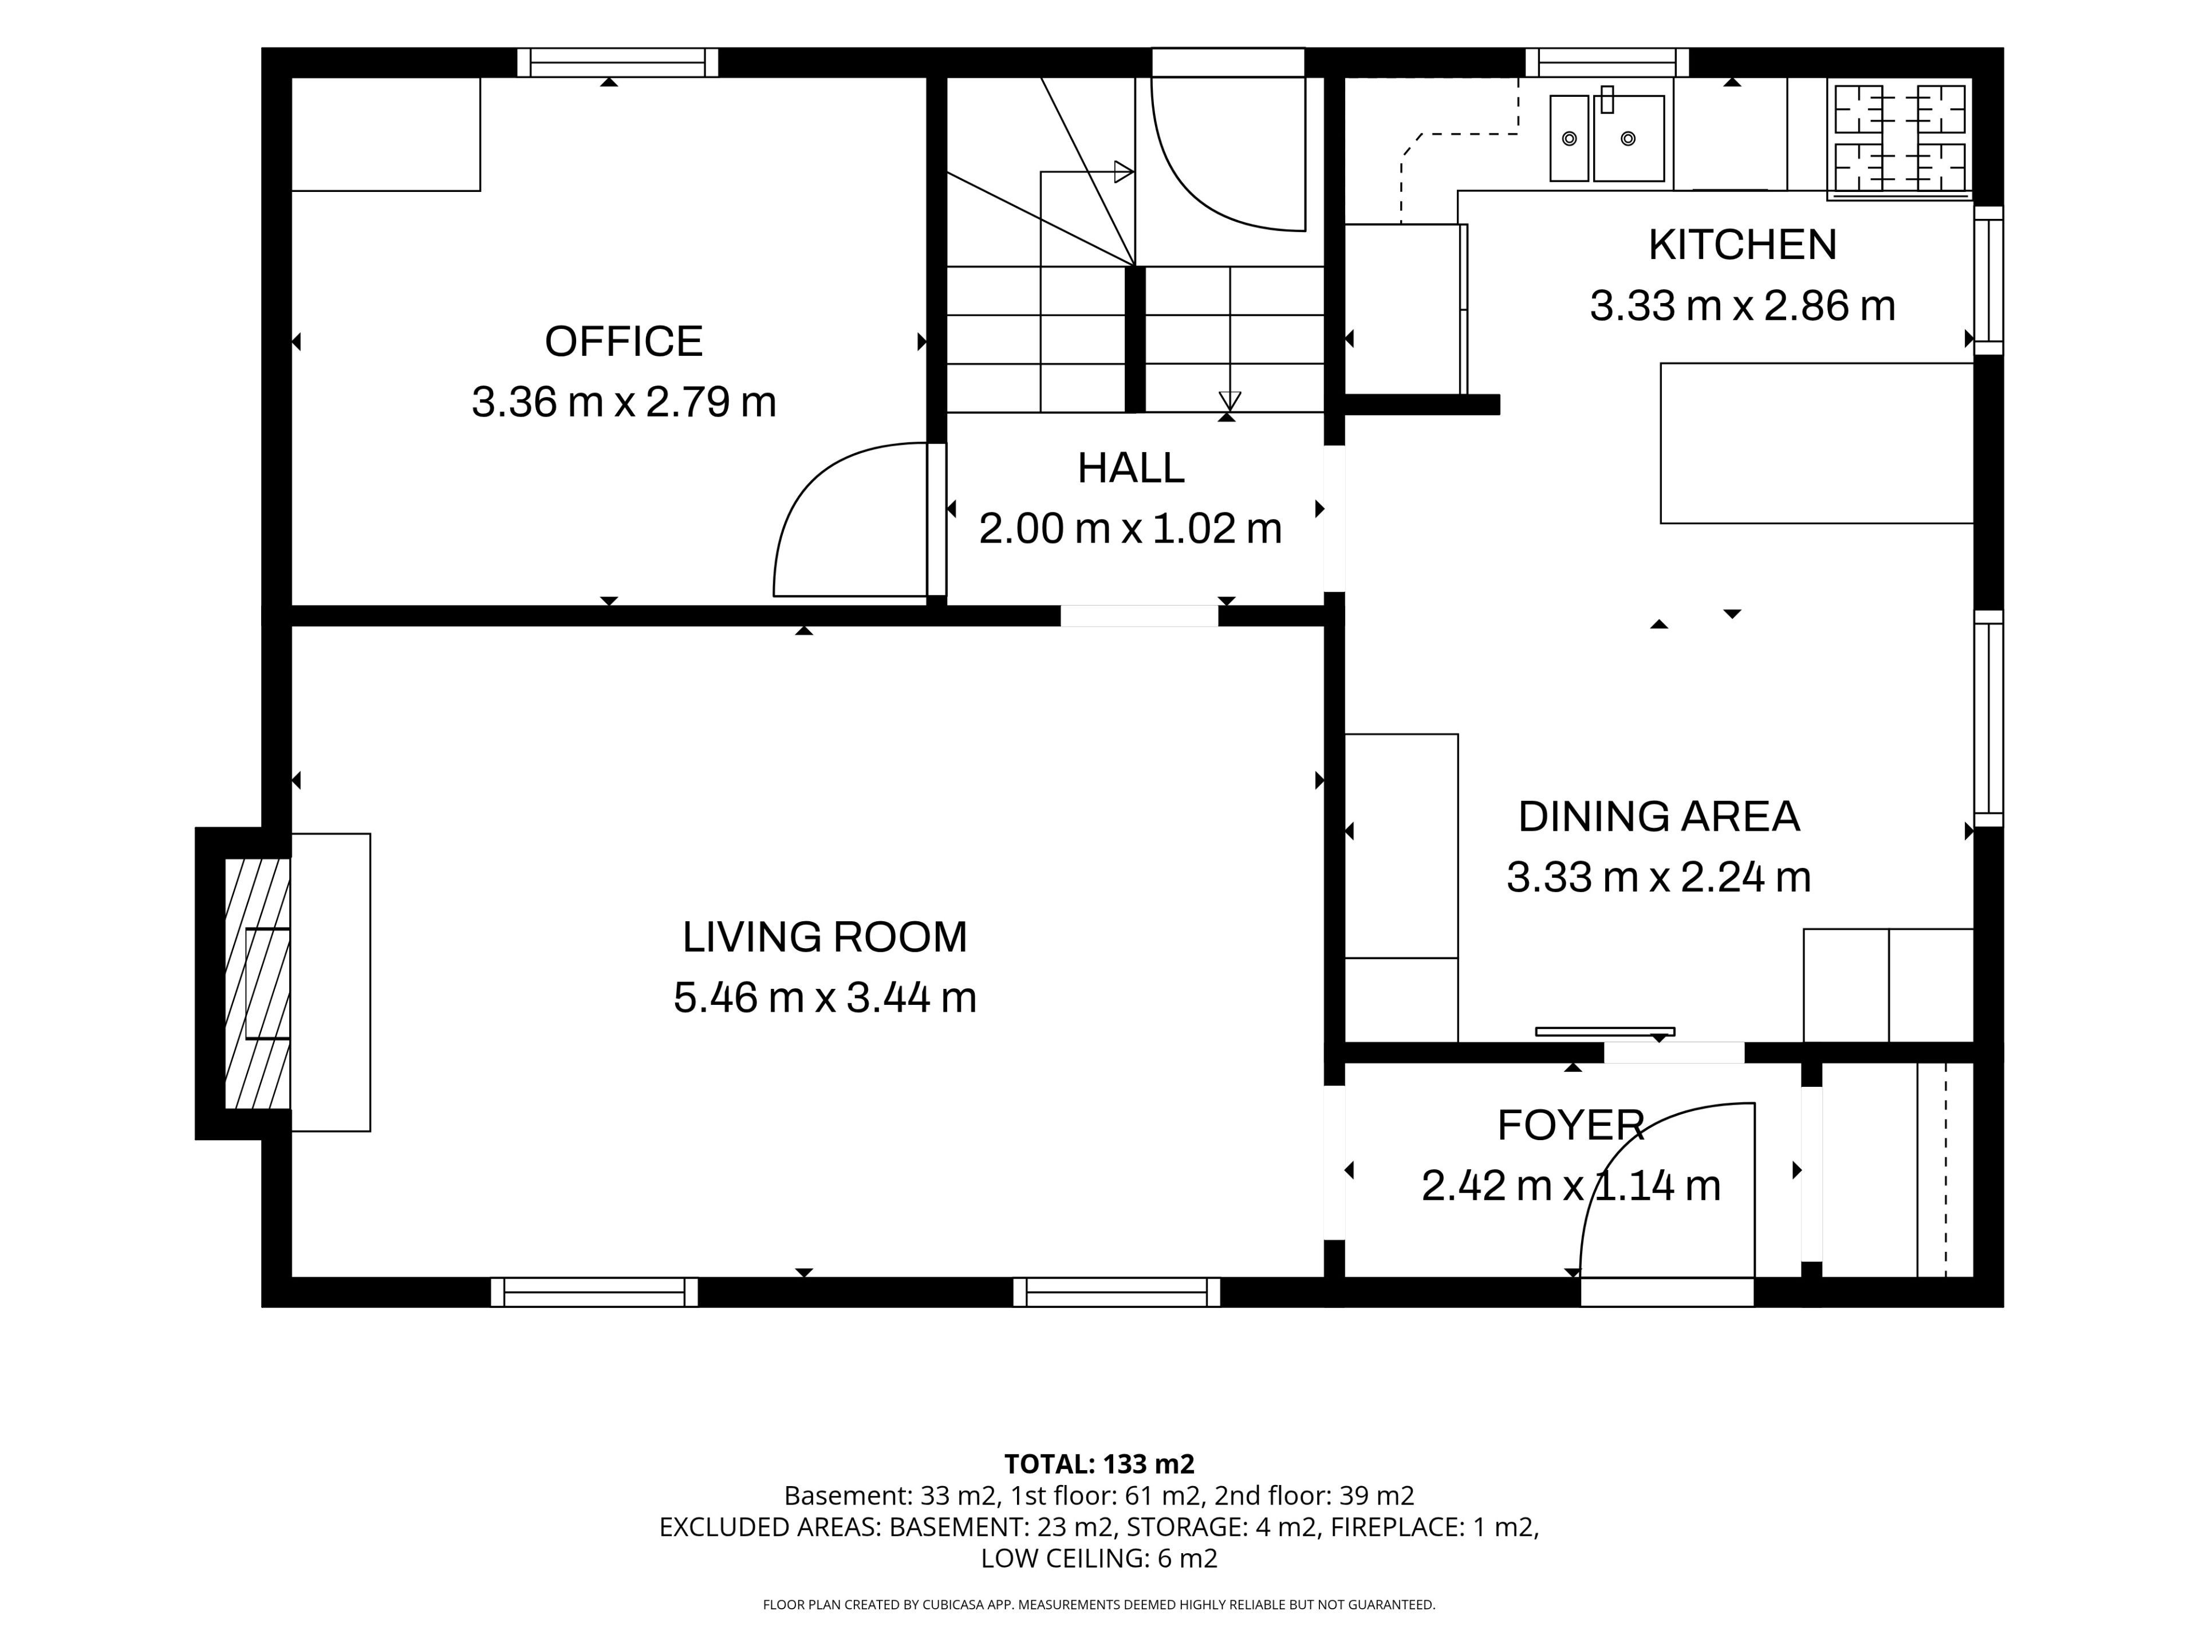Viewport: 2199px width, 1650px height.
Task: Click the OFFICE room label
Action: [x=623, y=341]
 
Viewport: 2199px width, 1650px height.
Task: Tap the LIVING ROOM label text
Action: [x=824, y=937]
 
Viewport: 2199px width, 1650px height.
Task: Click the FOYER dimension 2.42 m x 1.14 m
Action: [x=1571, y=1185]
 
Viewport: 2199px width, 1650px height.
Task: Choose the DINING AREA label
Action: [x=1658, y=816]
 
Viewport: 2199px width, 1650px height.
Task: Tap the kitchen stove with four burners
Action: [x=1899, y=138]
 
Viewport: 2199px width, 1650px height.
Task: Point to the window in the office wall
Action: [x=617, y=62]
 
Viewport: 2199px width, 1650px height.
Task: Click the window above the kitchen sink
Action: [x=1606, y=62]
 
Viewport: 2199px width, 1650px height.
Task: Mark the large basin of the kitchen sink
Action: [x=1629, y=138]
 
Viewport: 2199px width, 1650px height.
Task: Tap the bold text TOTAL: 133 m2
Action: [x=1098, y=1464]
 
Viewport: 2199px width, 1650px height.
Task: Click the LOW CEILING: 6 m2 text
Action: [x=1098, y=1558]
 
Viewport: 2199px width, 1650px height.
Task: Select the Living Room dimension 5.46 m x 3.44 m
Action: [x=824, y=997]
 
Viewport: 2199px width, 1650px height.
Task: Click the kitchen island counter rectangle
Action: [x=1816, y=443]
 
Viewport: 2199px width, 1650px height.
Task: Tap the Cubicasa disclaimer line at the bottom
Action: [x=1098, y=1604]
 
